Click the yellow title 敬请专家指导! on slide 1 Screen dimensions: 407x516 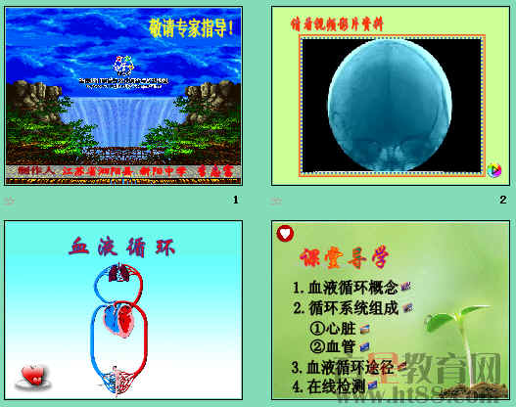[x=192, y=28]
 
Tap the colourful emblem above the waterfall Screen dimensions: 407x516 [x=123, y=67]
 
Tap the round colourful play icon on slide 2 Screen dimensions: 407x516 [x=494, y=170]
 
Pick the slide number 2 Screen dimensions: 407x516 [x=502, y=201]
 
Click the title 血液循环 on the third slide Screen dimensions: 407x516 [x=122, y=247]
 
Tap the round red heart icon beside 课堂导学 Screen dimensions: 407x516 [x=285, y=234]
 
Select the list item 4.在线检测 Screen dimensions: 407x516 [x=332, y=387]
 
